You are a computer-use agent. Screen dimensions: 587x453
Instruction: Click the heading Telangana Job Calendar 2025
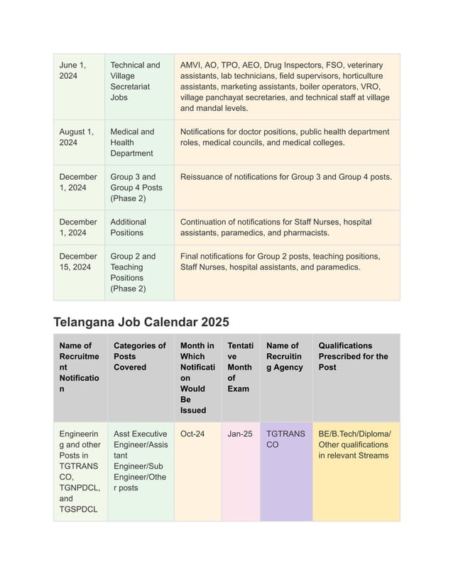[141, 321]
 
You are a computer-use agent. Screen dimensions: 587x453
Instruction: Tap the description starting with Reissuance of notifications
[285, 177]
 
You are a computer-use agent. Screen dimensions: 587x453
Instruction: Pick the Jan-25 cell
[239, 433]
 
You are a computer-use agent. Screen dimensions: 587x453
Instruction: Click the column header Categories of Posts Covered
[140, 357]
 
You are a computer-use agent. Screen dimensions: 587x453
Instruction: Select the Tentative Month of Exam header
[239, 367]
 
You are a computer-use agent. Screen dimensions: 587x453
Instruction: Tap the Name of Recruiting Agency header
[285, 357]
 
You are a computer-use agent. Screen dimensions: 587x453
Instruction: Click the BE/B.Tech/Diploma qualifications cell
[355, 444]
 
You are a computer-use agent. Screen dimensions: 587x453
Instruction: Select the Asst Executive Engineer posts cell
[140, 461]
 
